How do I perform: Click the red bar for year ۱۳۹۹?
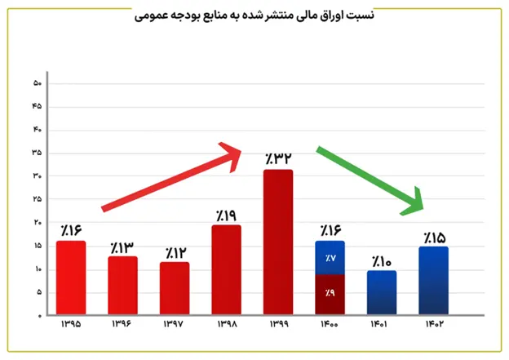coord(277,242)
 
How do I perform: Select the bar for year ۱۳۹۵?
coord(71,278)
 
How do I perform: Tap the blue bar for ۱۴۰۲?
coord(433,281)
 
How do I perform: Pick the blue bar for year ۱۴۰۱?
coord(381,292)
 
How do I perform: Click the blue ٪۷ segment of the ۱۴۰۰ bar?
coord(330,258)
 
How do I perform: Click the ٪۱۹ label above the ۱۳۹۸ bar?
coord(226,216)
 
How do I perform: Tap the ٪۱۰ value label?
coord(381,261)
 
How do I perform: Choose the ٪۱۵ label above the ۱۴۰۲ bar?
coord(433,238)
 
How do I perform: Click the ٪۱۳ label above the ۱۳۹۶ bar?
coord(122,247)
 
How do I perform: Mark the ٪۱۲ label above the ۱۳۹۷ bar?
coord(175,252)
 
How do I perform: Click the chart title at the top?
coord(254,15)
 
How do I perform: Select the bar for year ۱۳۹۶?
coord(122,286)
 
